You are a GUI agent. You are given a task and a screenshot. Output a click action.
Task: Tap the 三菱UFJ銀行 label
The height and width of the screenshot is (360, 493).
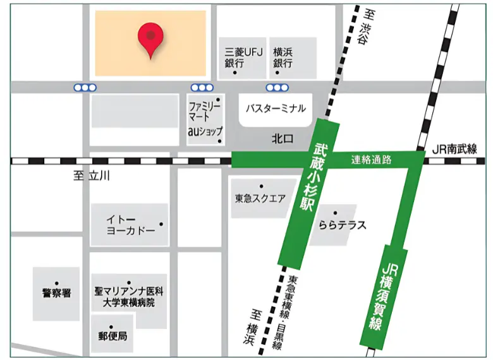pos(238,57)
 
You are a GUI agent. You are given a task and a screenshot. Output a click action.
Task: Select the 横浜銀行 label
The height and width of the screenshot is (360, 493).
pos(282,57)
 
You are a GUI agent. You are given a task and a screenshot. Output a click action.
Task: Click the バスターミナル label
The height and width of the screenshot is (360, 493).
pos(276,109)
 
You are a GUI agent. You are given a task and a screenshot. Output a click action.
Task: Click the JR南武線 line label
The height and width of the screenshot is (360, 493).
pos(454,149)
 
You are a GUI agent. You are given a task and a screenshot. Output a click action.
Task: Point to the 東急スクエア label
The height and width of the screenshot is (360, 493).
pos(260,198)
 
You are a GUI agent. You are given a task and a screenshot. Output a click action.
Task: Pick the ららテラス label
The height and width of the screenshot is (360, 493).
pos(343,225)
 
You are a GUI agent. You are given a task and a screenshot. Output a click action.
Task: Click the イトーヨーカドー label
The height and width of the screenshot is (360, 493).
pos(131,225)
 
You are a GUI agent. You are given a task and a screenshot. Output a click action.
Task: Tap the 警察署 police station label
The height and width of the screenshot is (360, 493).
pos(57,293)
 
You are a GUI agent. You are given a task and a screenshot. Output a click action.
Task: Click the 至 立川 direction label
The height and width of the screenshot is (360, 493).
pos(92,176)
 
